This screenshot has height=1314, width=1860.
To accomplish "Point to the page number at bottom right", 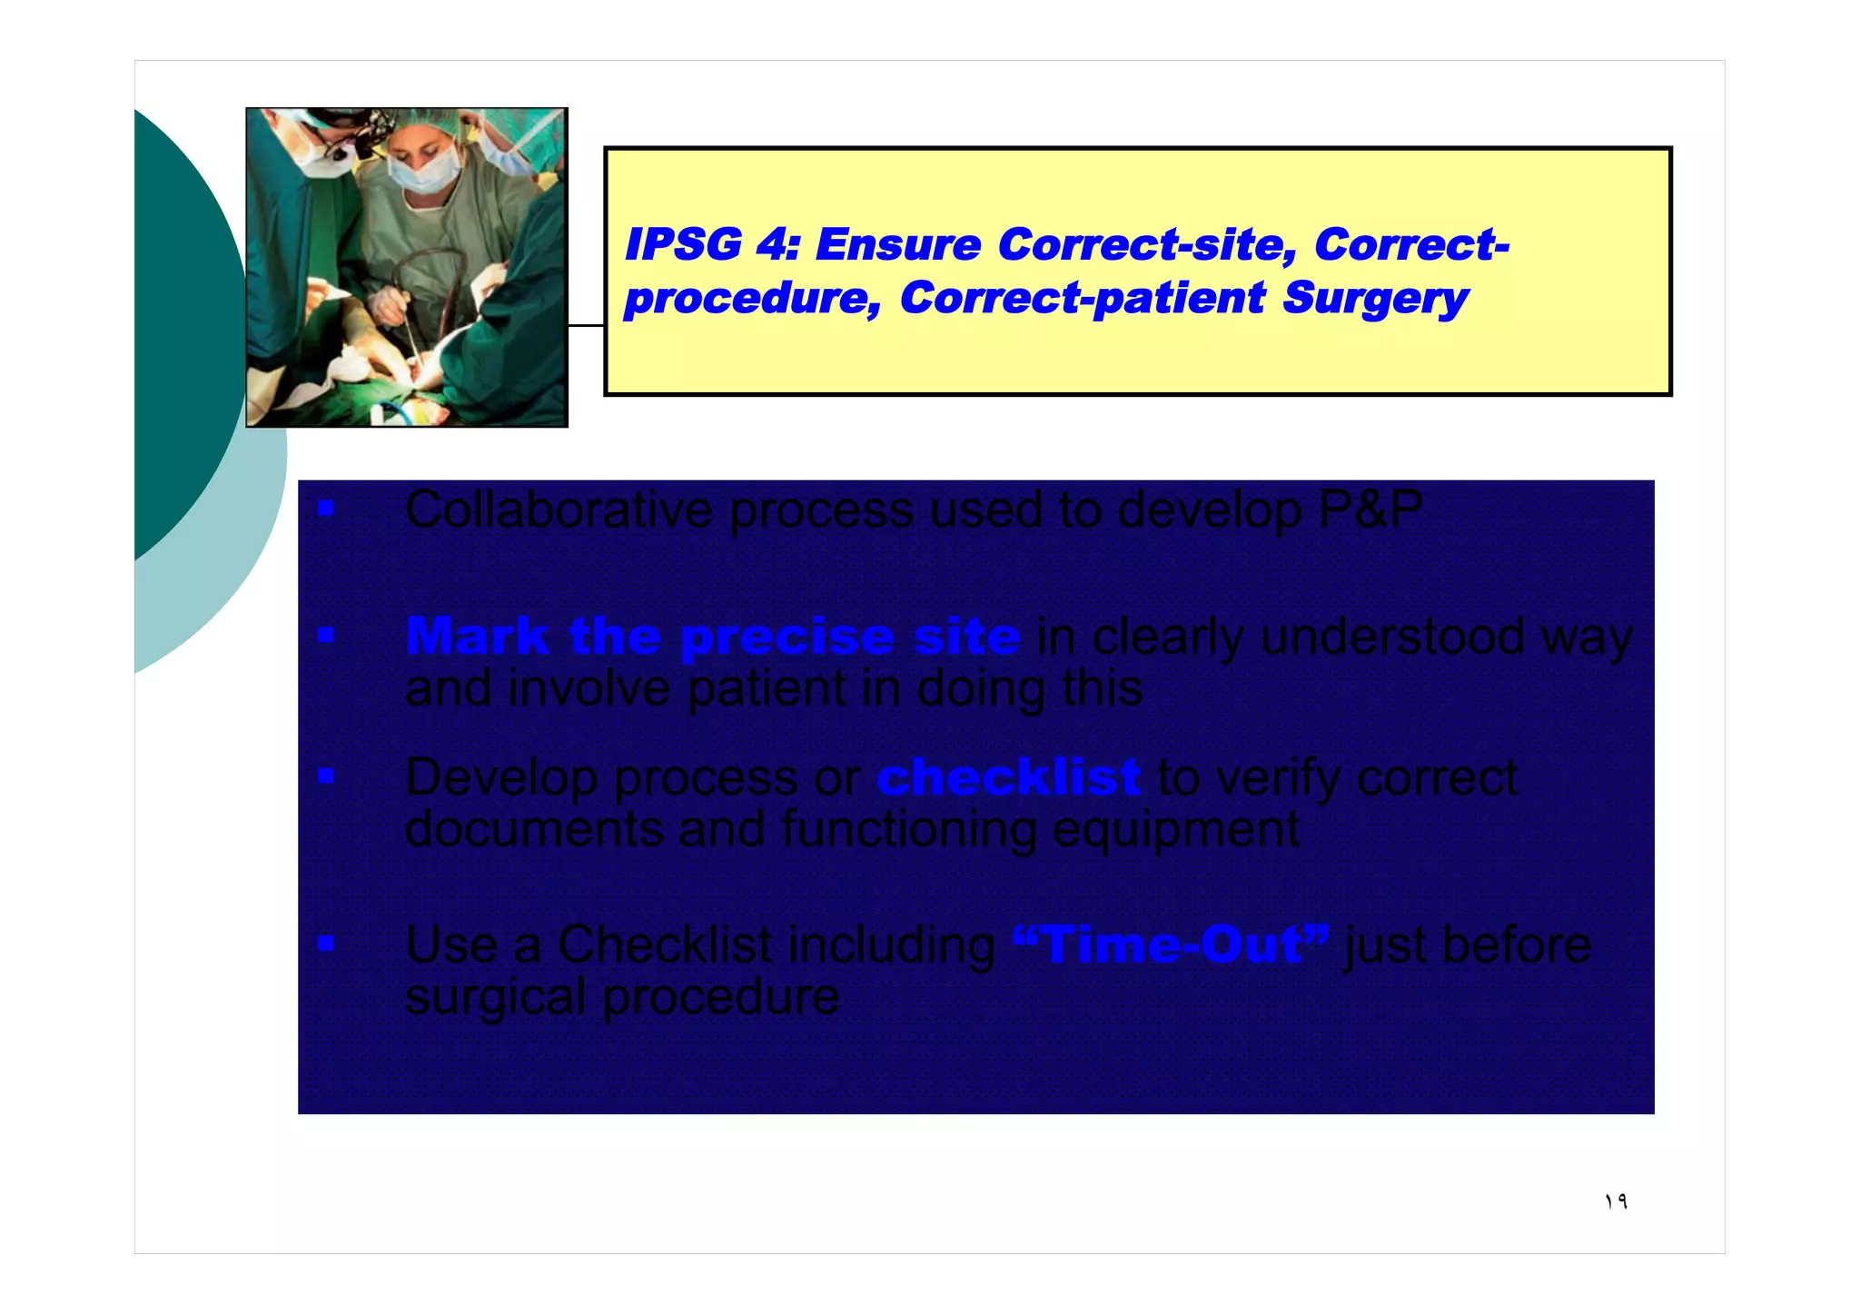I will coord(1616,1202).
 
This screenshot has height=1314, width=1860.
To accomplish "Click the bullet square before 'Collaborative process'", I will coord(326,509).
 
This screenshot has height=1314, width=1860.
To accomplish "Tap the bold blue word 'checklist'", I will coord(1008,777).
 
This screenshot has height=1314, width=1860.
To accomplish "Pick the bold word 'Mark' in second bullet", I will coord(476,636).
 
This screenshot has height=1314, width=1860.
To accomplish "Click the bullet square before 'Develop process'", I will coord(326,776).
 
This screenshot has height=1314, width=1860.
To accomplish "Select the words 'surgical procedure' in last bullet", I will coord(622,997).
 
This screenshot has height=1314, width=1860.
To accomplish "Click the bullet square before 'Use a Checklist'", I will coord(326,944).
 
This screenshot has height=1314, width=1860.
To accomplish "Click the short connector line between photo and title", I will coord(586,325).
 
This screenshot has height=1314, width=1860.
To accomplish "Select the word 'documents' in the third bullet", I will coord(534,829).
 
